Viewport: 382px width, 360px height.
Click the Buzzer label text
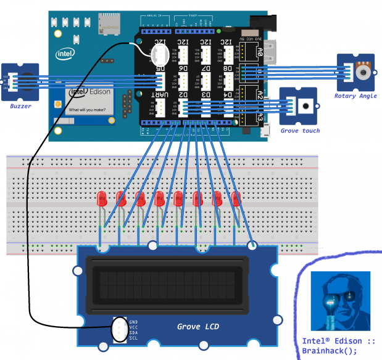pyautogui.click(x=20, y=106)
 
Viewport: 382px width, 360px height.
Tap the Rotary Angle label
pyautogui.click(x=355, y=96)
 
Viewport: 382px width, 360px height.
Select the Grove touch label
pyautogui.click(x=300, y=131)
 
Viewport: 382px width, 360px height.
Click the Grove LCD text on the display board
pyautogui.click(x=197, y=326)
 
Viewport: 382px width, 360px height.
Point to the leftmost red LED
pyautogui.click(x=102, y=199)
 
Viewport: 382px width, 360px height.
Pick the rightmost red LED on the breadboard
pyautogui.click(x=236, y=198)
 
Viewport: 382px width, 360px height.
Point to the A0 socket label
pyautogui.click(x=259, y=52)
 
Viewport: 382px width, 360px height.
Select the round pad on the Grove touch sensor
pyautogui.click(x=305, y=106)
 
